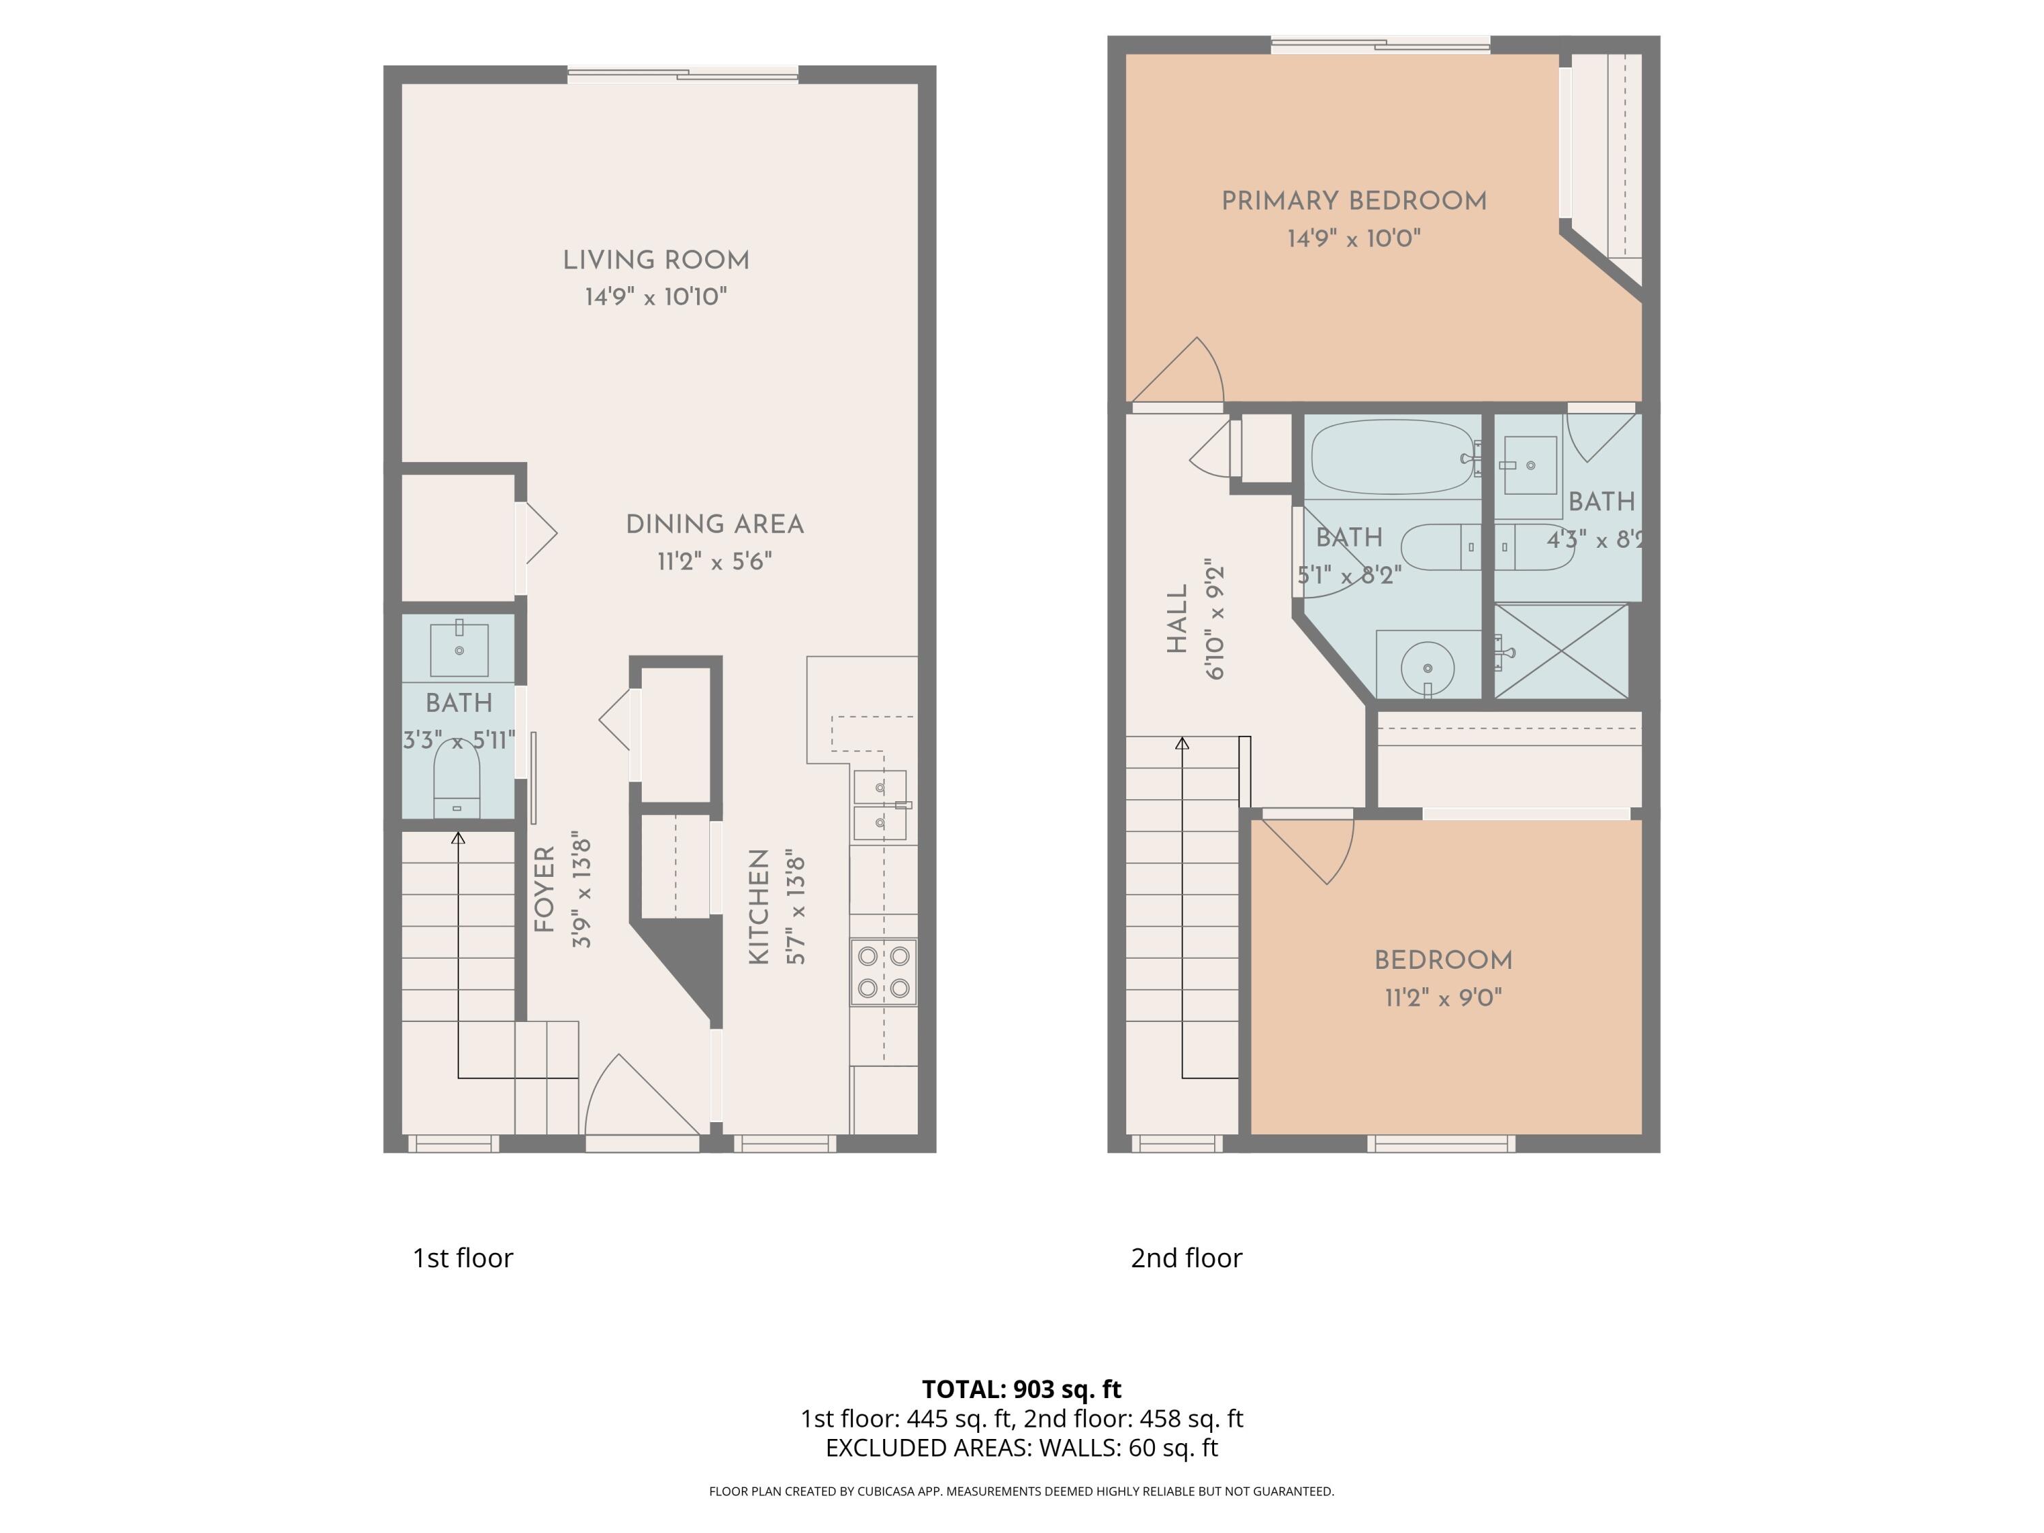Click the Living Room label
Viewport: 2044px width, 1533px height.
pyautogui.click(x=656, y=260)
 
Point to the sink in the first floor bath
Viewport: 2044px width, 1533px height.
pyautogui.click(x=459, y=649)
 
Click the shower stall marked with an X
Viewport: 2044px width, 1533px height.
pyautogui.click(x=1561, y=651)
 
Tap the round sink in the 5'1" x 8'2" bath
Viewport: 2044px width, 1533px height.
pyautogui.click(x=1427, y=667)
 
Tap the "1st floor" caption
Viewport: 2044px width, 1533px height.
pyautogui.click(x=462, y=1258)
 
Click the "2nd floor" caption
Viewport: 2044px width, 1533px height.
pyautogui.click(x=1186, y=1258)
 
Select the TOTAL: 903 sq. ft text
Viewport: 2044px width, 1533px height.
pyautogui.click(x=1021, y=1389)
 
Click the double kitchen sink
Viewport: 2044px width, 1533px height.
pyautogui.click(x=880, y=805)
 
